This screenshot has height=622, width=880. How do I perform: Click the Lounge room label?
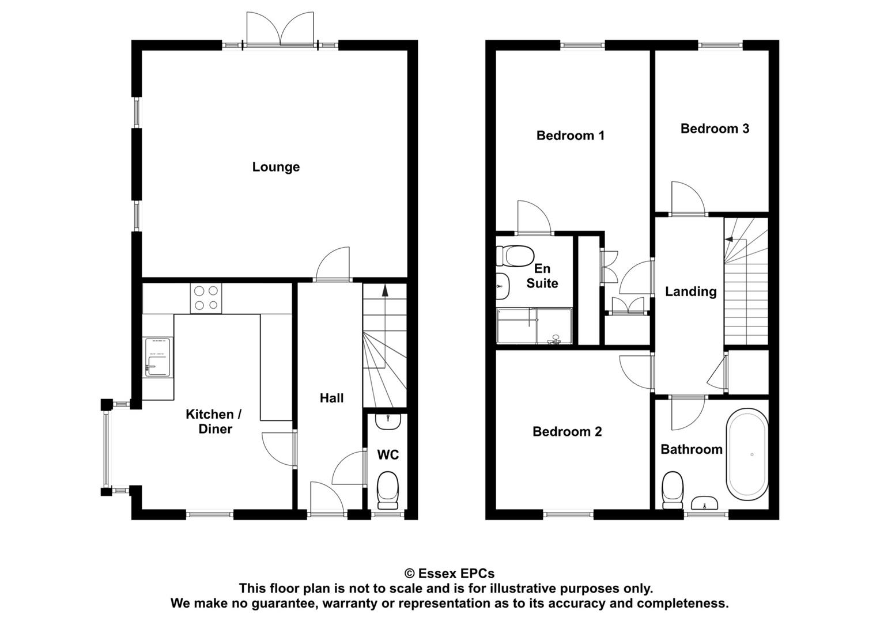[276, 167]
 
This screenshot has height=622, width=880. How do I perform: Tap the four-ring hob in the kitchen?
[206, 298]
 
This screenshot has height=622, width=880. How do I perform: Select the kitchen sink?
[158, 357]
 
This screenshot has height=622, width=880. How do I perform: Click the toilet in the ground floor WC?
[388, 491]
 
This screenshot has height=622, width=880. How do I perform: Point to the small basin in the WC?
[388, 422]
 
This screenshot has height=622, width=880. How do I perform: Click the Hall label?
[331, 398]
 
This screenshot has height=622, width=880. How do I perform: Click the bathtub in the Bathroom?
[747, 455]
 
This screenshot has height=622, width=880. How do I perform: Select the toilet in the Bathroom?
[672, 490]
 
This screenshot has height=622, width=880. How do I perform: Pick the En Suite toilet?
[515, 256]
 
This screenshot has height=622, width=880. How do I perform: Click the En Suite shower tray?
[534, 327]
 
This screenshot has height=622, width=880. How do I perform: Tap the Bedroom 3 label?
[715, 128]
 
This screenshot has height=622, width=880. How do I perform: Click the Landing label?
[690, 291]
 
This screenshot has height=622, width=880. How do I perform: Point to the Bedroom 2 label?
[567, 431]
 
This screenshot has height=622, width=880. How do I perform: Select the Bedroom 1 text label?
[570, 135]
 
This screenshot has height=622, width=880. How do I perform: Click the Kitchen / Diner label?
[214, 422]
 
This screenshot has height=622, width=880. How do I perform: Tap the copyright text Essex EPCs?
[450, 574]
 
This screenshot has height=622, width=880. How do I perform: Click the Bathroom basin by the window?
[704, 503]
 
